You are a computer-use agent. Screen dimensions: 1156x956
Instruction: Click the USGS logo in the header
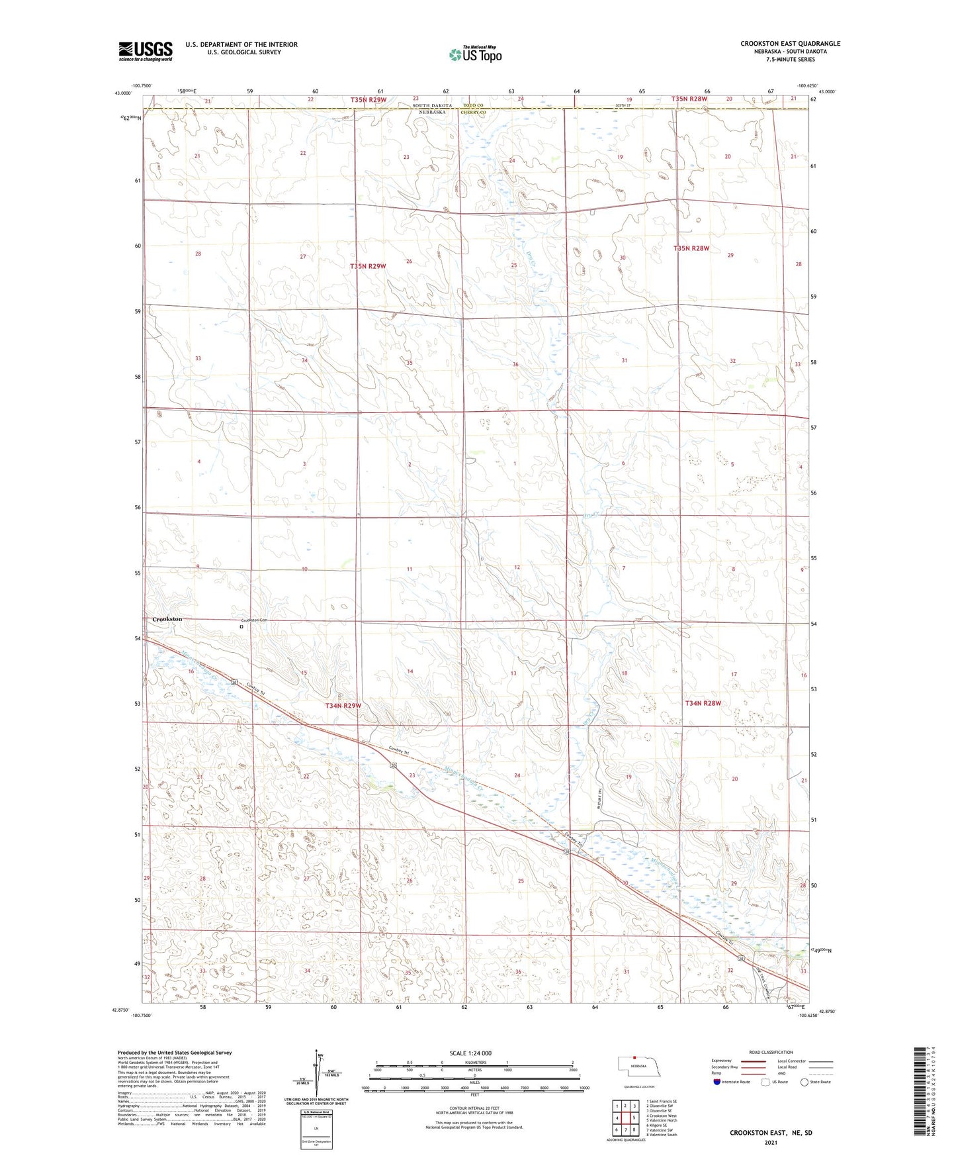146,50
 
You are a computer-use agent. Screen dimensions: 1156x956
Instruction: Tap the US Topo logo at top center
474,54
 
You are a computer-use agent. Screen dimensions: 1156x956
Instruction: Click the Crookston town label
167,619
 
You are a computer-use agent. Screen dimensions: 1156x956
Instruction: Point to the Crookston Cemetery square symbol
241,626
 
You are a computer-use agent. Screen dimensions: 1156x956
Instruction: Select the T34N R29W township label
343,706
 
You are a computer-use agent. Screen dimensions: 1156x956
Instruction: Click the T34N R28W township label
703,703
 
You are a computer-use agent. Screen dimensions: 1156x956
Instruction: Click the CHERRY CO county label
474,113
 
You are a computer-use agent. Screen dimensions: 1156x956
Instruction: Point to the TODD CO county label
474,106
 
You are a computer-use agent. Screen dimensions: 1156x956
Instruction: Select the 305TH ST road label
623,105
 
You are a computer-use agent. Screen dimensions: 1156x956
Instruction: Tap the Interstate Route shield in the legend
718,1082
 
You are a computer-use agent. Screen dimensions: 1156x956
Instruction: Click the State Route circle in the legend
805,1082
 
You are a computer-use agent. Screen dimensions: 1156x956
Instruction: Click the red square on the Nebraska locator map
634,1057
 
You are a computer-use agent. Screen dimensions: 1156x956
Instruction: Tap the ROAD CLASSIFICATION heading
771,1052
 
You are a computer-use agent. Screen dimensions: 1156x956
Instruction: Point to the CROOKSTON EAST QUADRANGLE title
790,44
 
